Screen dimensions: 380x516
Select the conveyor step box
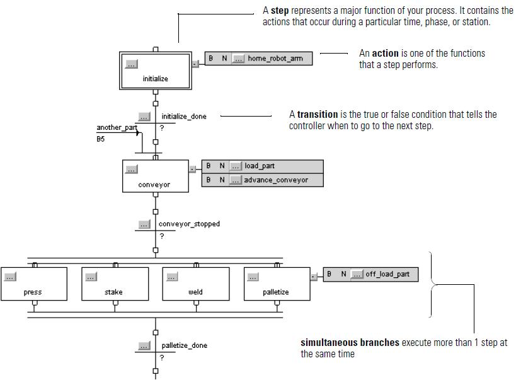[154, 176]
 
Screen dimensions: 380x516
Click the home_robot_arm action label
[275, 59]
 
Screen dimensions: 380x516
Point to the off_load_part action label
[387, 274]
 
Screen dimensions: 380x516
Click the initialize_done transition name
[183, 117]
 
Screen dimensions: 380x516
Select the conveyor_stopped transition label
[189, 224]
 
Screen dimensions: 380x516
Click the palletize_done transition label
[184, 345]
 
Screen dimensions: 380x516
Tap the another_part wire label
[117, 128]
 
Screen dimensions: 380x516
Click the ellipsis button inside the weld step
[172, 276]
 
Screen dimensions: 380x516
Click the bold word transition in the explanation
[318, 115]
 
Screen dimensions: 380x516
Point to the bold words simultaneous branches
[350, 343]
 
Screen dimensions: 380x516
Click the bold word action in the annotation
[385, 54]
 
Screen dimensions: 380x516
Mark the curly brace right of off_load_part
[433, 284]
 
